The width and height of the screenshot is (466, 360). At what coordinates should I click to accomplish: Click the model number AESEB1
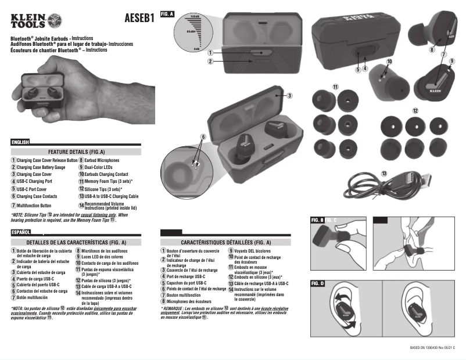tap(139, 17)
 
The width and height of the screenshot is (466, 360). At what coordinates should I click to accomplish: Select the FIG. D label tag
tap(318, 283)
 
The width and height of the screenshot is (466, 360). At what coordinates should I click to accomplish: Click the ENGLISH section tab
tap(21, 142)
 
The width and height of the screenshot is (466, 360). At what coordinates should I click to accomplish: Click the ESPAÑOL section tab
tap(21, 232)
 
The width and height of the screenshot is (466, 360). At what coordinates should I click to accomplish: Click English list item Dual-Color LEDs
tap(99, 167)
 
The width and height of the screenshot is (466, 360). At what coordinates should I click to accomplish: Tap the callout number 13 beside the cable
tap(385, 173)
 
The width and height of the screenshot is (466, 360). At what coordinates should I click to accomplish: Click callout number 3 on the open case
tap(289, 95)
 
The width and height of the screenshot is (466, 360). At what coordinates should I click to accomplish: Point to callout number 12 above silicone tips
tap(415, 110)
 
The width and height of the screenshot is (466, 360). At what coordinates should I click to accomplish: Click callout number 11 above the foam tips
tap(335, 87)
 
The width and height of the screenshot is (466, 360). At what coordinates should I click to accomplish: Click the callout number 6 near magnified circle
tap(203, 137)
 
